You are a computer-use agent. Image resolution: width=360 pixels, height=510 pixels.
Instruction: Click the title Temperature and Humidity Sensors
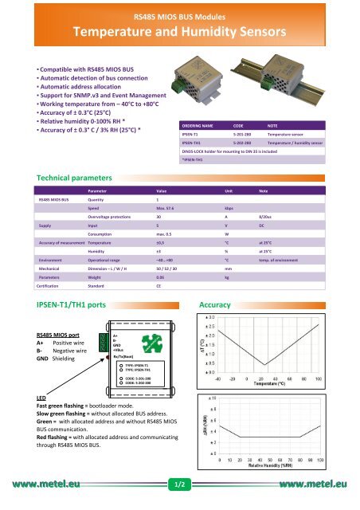point(179,32)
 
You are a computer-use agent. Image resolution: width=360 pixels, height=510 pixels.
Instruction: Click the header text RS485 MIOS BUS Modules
point(179,14)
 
